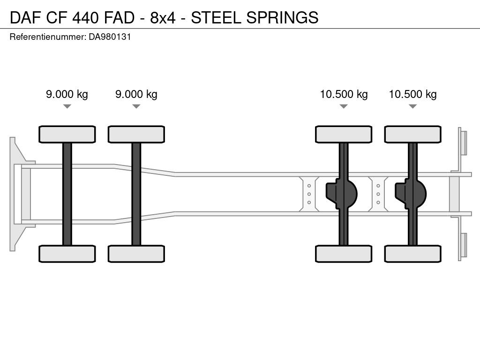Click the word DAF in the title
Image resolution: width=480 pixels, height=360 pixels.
25,17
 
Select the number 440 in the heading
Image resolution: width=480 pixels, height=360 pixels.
86,17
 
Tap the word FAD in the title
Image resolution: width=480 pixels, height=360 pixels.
119,17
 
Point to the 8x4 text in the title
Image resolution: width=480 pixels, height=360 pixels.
163,17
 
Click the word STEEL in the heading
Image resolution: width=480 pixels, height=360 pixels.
216,17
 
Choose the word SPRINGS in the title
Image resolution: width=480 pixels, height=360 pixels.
282,17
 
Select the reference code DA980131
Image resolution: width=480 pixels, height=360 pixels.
110,37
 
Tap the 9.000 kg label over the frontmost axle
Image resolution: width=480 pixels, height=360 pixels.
67,94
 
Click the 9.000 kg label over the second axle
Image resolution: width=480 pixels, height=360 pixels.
136,94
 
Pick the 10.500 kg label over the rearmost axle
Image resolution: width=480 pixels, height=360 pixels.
412,94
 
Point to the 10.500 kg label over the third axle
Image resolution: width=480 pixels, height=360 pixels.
344,94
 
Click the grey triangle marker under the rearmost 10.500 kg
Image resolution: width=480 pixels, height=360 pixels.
412,106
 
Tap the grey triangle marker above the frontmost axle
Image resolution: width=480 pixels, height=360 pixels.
67,106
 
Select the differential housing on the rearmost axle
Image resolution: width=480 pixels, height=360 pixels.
411,194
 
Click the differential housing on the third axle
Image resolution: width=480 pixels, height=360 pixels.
342,194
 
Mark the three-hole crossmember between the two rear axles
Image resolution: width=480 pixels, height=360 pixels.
378,194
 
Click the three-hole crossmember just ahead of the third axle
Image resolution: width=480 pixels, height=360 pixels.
309,194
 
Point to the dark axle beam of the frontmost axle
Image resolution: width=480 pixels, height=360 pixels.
67,194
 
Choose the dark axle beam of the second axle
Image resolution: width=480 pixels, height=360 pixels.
136,194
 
